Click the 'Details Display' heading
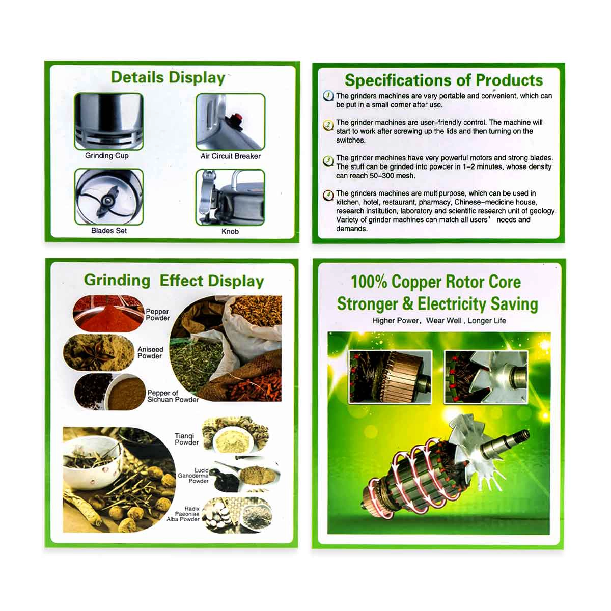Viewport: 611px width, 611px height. click(168, 78)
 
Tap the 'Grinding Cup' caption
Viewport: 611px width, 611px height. click(106, 156)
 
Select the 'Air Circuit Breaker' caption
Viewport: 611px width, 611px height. click(230, 156)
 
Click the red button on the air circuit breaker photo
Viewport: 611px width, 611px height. click(236, 117)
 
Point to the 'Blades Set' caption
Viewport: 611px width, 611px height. click(109, 231)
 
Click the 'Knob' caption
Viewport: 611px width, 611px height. click(230, 232)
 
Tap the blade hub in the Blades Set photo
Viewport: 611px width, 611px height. click(108, 201)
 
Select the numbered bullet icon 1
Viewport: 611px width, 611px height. click(328, 96)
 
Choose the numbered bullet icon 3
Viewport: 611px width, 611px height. click(328, 161)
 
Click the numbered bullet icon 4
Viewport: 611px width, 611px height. click(328, 196)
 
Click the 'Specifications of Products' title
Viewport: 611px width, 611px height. click(443, 80)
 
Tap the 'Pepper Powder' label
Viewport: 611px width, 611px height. click(157, 315)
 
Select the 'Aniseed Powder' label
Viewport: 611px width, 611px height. click(150, 352)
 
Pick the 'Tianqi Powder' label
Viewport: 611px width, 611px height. click(186, 439)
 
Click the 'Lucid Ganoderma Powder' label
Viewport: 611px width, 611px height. click(193, 476)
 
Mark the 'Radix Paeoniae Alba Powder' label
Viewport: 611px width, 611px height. click(183, 514)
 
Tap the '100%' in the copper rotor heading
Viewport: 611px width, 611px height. click(369, 282)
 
